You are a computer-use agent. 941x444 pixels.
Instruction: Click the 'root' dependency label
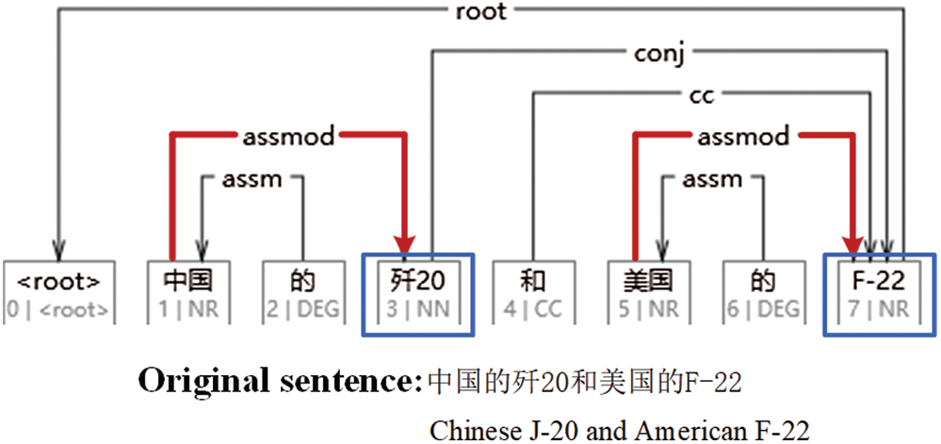(x=480, y=12)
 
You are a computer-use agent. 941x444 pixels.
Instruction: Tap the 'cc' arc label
(x=701, y=94)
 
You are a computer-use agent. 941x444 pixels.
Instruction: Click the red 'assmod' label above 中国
(x=288, y=137)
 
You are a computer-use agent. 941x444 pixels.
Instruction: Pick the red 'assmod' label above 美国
(x=743, y=137)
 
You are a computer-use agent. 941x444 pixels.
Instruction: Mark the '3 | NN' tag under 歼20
(x=418, y=308)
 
